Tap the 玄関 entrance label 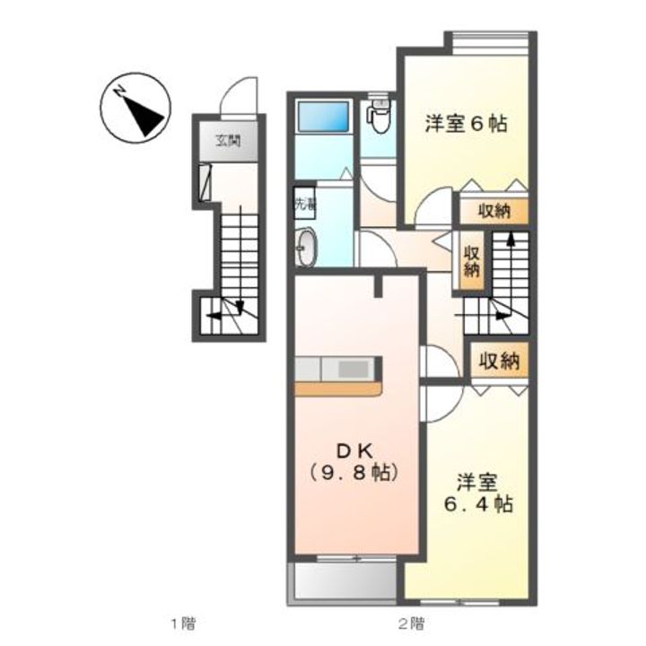(x=228, y=140)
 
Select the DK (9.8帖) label (x=353, y=458)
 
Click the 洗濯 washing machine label (x=306, y=204)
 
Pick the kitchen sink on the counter (x=353, y=369)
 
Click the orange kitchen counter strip (x=338, y=388)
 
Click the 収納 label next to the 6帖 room (x=493, y=212)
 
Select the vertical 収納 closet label (x=471, y=260)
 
